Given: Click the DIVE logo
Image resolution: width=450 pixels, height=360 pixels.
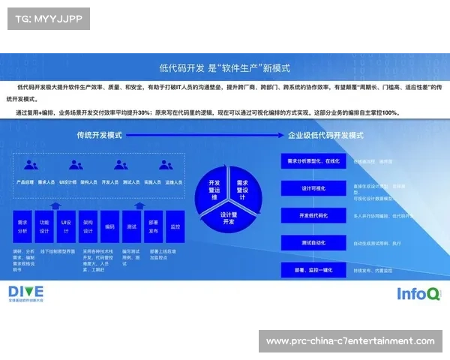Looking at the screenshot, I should click(26, 292).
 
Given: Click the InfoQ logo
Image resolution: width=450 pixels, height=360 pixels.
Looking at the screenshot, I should click(418, 293).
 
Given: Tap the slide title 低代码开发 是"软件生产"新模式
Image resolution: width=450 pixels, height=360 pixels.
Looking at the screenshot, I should click(225, 67).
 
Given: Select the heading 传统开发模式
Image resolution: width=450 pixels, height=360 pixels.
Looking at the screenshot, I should click(99, 136).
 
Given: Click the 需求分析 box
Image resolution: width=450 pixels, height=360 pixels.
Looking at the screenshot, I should click(22, 226).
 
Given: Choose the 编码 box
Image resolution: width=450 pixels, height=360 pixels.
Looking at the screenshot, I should click(110, 226).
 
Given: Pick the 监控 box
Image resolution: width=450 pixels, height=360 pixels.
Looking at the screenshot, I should click(175, 226).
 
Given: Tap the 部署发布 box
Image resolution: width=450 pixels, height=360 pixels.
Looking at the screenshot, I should click(154, 226).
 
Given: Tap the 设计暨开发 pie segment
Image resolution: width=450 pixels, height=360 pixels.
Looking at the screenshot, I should click(228, 217).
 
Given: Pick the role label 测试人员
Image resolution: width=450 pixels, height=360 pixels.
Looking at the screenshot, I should click(132, 182).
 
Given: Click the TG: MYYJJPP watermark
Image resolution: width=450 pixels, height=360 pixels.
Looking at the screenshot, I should click(47, 18).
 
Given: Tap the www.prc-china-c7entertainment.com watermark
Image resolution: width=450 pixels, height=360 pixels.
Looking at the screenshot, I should click(350, 341).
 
